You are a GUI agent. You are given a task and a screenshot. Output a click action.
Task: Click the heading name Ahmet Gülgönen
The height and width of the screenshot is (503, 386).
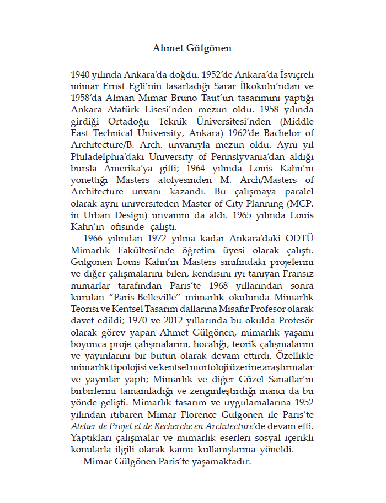tap(192, 48)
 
